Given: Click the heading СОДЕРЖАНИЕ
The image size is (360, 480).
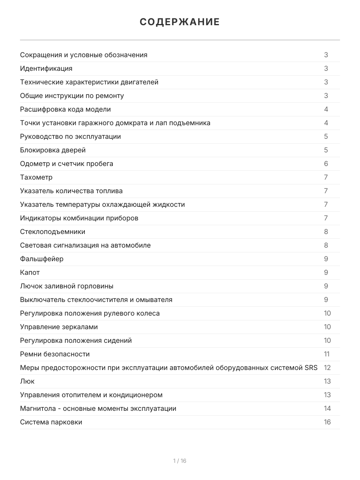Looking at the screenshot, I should tap(180, 22).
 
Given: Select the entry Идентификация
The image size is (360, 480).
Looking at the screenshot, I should tap(46, 68).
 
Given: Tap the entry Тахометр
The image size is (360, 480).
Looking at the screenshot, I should tap(36, 177).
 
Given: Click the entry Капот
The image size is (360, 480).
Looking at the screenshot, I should tap(30, 272).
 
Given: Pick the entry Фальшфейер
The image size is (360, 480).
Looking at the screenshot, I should tap(42, 259).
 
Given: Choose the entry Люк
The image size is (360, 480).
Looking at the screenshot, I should tap(27, 381).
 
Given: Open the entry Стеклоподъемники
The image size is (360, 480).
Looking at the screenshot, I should tap(53, 232).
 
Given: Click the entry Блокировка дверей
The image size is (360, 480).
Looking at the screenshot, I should tap(53, 150).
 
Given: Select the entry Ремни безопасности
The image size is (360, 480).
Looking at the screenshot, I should tap(55, 354).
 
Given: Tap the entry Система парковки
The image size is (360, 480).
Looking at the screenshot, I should tap(51, 422).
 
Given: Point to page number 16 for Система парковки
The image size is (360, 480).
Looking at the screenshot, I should tap(327, 422).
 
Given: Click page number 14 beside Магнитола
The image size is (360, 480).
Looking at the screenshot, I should tap(327, 408).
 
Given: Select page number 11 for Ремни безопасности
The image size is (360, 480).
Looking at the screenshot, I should tap(327, 354).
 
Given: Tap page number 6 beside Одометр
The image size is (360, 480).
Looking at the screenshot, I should tap(326, 164).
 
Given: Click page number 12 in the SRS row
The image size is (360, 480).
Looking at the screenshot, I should tap(327, 368).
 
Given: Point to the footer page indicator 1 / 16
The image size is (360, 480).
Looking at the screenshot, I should tap(180, 461).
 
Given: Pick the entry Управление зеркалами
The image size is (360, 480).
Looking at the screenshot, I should tap(59, 327).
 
